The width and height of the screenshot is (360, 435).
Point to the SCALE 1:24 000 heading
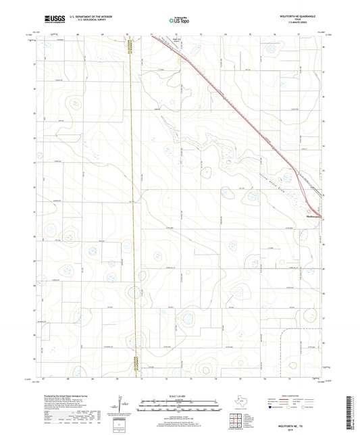click(180, 394)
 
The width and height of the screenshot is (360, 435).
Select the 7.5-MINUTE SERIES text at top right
click(299, 23)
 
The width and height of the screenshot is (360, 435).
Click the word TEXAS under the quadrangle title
click(299, 19)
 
